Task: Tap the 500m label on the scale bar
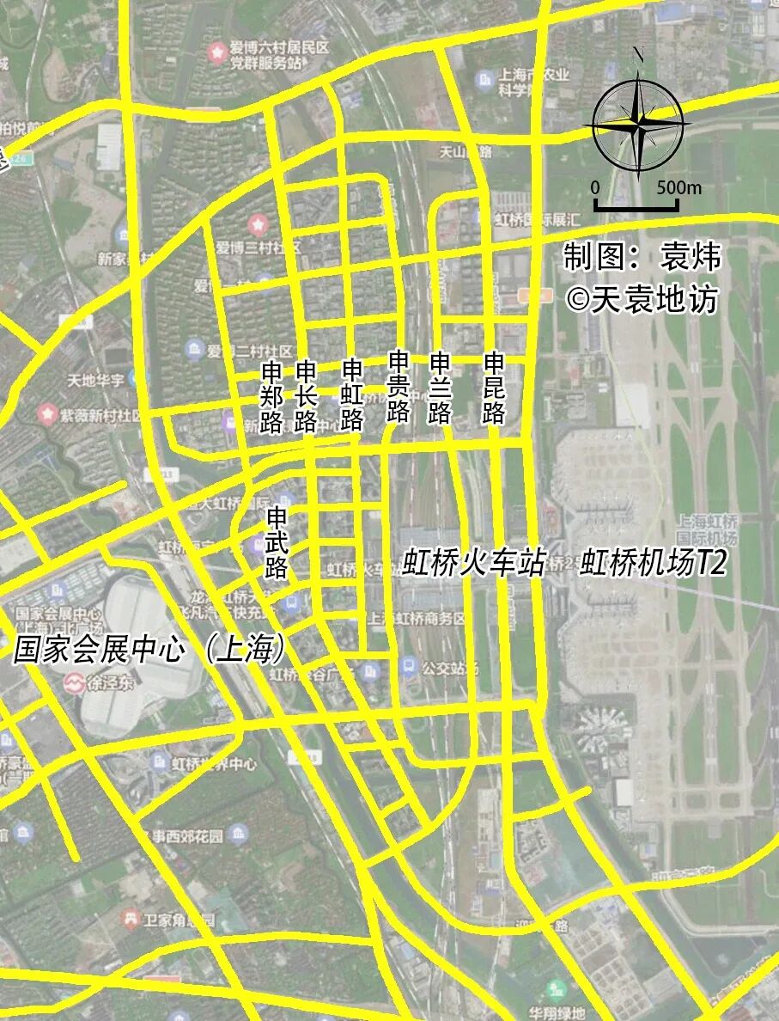[x=679, y=188]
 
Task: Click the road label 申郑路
[x=271, y=397]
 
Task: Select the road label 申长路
[x=306, y=396]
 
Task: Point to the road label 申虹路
[x=352, y=394]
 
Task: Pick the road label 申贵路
[x=399, y=386]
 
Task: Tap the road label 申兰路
[x=440, y=388]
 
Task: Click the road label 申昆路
[x=494, y=388]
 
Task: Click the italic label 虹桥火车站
[x=473, y=563]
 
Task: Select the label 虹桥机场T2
[x=653, y=563]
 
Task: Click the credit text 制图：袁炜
[x=641, y=257]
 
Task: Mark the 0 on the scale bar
[x=595, y=188]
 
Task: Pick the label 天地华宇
[x=96, y=379]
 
